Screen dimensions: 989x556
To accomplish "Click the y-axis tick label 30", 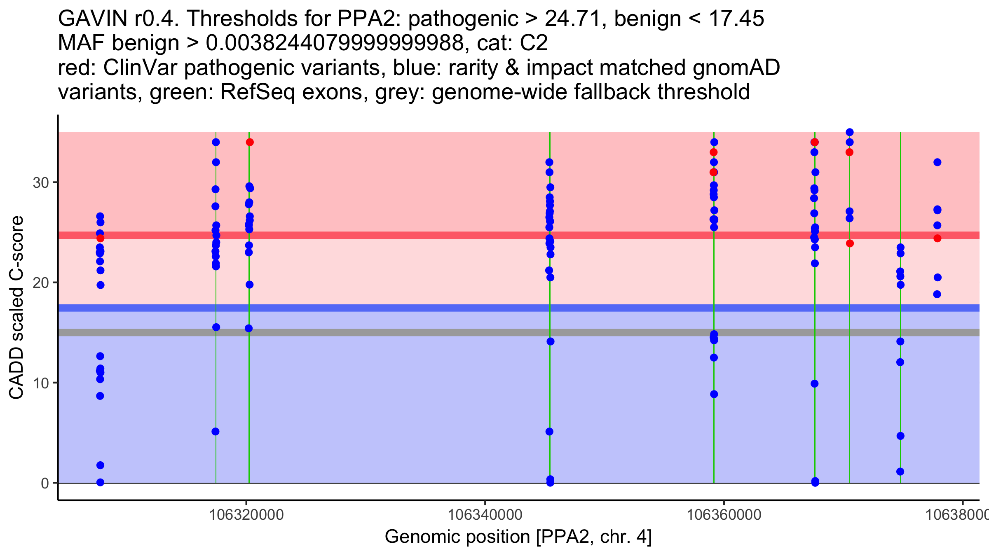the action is click(41, 182).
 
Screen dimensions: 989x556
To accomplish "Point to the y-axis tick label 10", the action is click(41, 383).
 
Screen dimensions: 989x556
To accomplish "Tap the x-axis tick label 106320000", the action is click(246, 515).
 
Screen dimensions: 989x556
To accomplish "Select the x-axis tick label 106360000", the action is click(724, 515).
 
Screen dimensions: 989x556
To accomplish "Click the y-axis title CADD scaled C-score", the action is click(16, 307).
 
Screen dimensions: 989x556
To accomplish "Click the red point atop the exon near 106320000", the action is click(250, 143).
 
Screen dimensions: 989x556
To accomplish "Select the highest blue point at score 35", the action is click(850, 132).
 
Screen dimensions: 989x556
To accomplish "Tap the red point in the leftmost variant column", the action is click(101, 238).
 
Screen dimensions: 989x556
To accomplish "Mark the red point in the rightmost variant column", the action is click(937, 238).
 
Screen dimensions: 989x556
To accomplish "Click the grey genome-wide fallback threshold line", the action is click(519, 332).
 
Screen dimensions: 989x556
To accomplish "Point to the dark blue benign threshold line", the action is click(519, 308).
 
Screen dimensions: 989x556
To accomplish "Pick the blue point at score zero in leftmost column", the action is click(100, 482).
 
